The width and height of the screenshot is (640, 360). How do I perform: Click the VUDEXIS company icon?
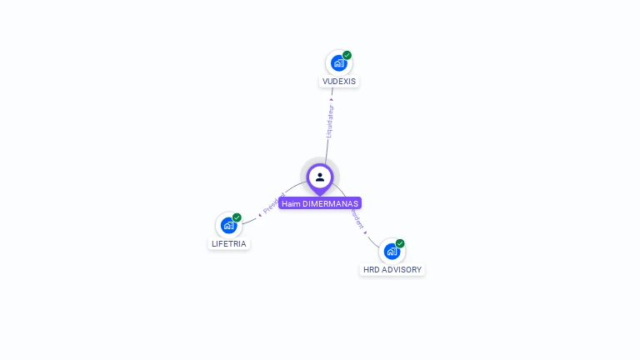338,62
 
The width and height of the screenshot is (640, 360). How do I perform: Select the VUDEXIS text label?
339,82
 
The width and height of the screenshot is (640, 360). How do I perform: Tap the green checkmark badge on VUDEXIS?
347,55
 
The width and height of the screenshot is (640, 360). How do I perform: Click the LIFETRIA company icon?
228,225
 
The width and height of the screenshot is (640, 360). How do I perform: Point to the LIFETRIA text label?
229,244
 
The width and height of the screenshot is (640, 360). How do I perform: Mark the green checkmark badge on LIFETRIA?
237,217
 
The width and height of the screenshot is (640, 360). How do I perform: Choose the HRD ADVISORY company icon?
392,251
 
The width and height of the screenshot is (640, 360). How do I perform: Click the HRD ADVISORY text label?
392,270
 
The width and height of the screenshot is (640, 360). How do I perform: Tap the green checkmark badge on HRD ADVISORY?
400,243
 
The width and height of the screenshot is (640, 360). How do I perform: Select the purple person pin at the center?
320,177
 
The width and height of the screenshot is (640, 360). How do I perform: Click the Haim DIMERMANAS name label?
320,203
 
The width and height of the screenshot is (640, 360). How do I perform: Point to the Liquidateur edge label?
329,121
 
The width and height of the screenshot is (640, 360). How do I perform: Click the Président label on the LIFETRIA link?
273,204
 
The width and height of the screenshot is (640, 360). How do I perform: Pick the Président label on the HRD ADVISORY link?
357,218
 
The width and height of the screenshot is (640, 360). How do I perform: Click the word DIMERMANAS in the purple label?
330,203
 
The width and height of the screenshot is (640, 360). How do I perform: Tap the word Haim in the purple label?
291,203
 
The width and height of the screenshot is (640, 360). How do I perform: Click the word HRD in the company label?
372,270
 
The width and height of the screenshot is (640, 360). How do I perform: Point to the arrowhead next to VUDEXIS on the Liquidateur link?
332,99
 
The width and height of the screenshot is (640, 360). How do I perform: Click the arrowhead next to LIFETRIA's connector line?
260,214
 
